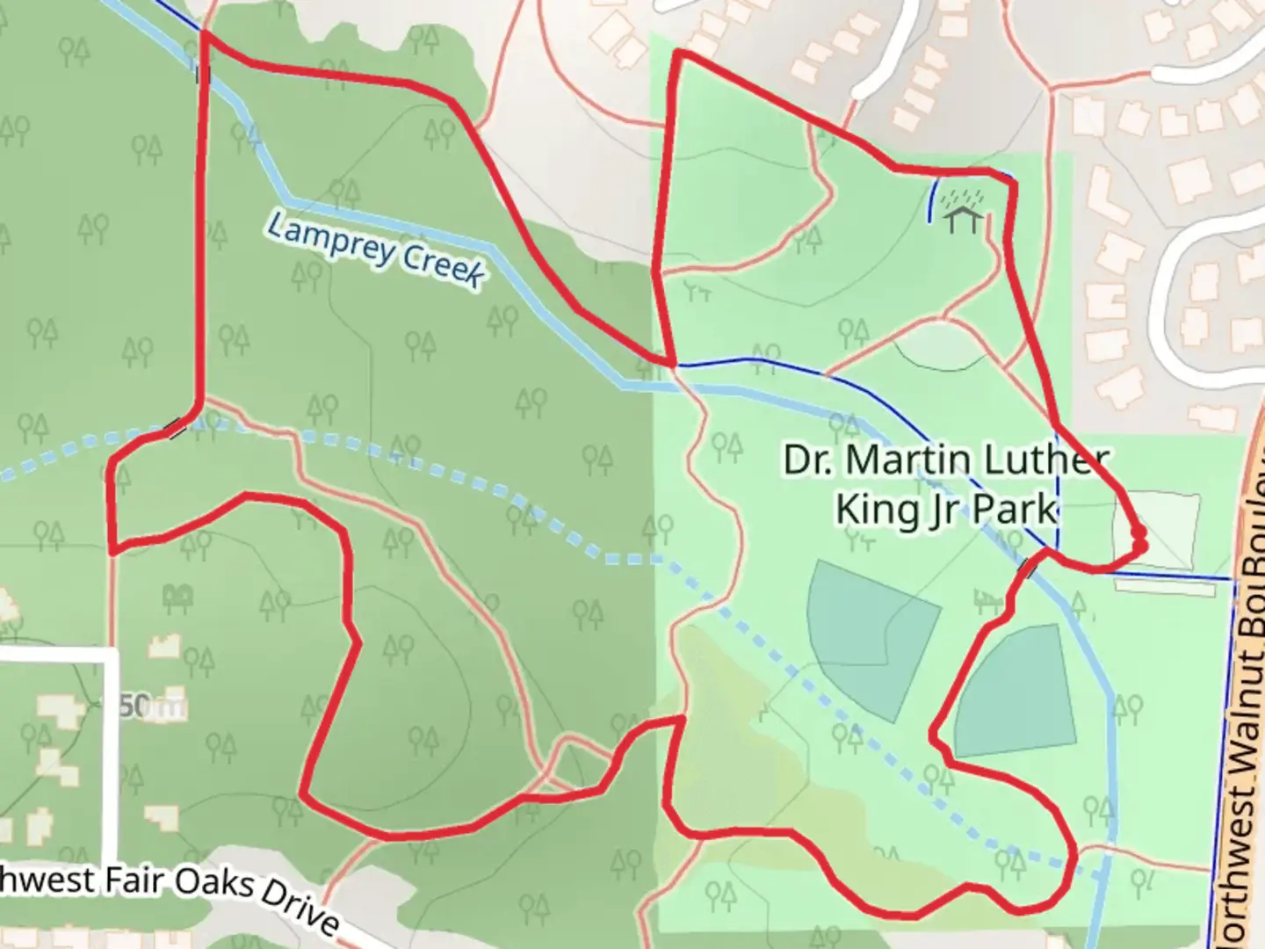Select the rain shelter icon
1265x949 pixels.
coord(963,212)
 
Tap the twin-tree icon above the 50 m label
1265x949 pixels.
coord(178,598)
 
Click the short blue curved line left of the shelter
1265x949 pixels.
coord(932,199)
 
